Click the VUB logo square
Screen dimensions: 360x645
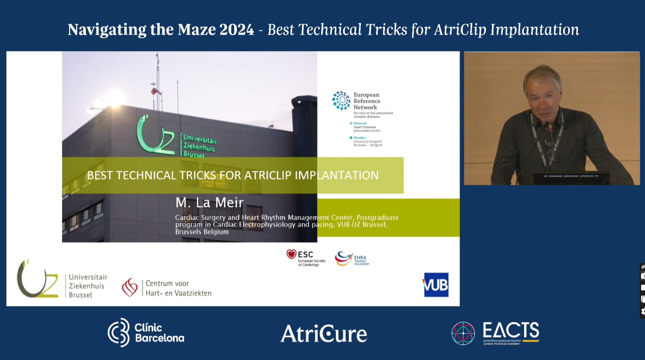pos(436,285)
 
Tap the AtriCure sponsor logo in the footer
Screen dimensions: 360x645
pos(324,334)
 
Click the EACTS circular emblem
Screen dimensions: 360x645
pos(463,333)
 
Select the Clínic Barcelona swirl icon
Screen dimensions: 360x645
pos(119,332)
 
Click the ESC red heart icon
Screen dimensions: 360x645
pos(291,254)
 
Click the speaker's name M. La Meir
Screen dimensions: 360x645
pos(209,203)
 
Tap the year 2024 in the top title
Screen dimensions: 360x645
pos(236,30)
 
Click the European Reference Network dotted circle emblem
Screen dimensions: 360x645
pos(341,100)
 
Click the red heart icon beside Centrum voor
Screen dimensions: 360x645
pos(129,287)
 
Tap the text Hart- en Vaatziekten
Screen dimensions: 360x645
pos(178,293)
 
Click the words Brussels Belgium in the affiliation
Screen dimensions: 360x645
pos(202,232)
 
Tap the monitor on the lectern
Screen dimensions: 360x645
pos(571,178)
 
